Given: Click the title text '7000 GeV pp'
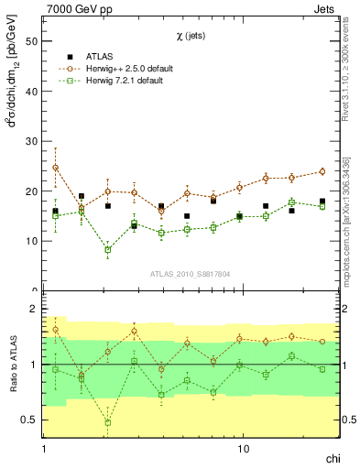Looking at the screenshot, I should click(x=74, y=8).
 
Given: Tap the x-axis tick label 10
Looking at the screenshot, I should click(x=244, y=450).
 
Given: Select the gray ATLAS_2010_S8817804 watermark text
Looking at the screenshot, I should click(x=190, y=273).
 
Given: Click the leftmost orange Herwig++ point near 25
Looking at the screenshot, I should click(x=55, y=168).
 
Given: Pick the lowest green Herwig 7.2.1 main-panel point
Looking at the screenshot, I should click(x=108, y=249).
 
